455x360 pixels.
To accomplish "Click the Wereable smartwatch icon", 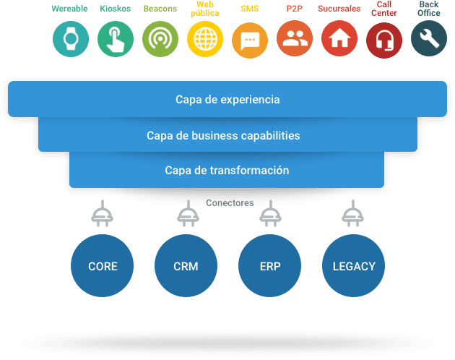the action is [71, 39].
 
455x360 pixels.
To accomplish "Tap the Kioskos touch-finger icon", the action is [116, 39].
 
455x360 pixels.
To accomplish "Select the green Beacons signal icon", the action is [160, 39].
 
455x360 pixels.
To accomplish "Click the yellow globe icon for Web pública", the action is [205, 39].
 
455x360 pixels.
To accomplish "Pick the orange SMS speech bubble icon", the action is [250, 40].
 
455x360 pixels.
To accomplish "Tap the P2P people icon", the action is [295, 38].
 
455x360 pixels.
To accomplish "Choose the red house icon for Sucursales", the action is [339, 38].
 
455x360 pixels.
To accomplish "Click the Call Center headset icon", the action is [384, 40].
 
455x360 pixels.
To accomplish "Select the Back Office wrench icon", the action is [429, 38].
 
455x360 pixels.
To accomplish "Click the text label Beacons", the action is [160, 9].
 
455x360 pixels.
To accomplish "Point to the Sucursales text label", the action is [339, 9].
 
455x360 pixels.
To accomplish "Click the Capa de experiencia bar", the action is [227, 99].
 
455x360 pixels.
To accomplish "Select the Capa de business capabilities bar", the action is [227, 134].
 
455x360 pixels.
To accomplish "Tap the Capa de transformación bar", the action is [227, 170].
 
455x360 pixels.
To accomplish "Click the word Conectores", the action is [230, 203].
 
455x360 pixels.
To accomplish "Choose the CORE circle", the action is [102, 265].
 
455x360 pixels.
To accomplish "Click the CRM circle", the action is [186, 265].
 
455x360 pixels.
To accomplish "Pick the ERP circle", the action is [270, 265].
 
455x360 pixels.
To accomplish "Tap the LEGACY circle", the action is [353, 265].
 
